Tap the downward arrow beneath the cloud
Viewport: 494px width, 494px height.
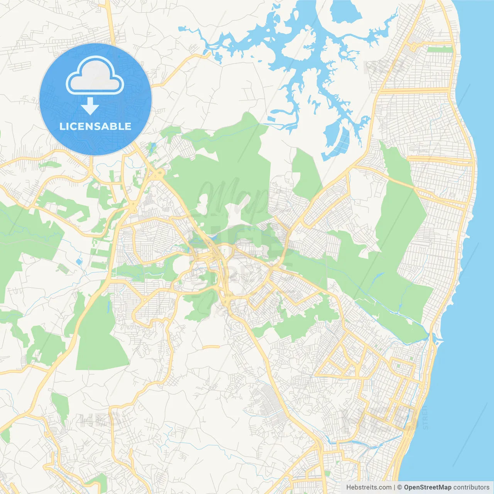[90, 107]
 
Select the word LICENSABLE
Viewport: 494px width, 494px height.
[95, 126]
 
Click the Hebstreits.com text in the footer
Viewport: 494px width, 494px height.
[369, 487]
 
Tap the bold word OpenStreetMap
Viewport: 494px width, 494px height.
[427, 487]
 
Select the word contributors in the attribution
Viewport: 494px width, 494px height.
[471, 487]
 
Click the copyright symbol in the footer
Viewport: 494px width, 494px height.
[399, 487]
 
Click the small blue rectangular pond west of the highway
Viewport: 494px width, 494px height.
[79, 262]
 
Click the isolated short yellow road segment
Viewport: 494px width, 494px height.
[211, 347]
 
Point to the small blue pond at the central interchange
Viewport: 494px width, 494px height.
[212, 237]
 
